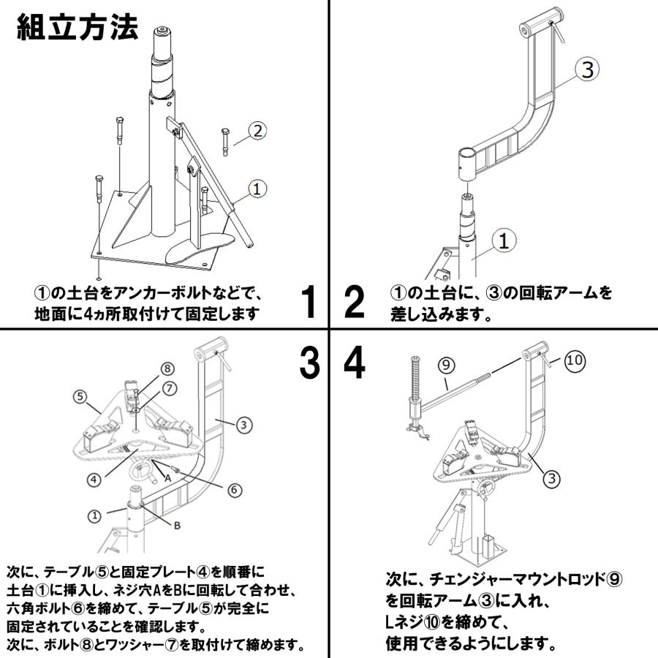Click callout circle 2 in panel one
[256, 132]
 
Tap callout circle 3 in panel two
[587, 70]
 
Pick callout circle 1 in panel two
[504, 240]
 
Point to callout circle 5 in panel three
[80, 397]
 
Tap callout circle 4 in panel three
[94, 480]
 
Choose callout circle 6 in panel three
[234, 490]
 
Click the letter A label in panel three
[167, 476]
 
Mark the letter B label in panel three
[176, 524]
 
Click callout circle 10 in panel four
[575, 360]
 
